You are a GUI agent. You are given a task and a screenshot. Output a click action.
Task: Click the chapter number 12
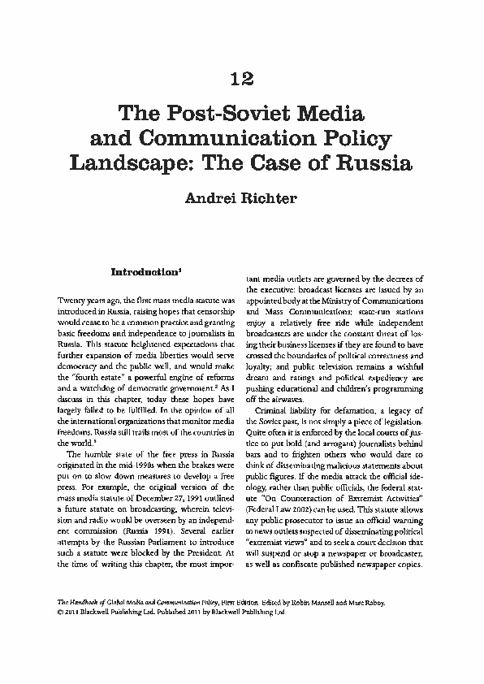click(x=241, y=78)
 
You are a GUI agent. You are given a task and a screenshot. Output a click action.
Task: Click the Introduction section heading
click(x=144, y=270)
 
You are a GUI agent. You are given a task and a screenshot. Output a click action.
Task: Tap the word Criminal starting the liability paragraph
click(x=276, y=412)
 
